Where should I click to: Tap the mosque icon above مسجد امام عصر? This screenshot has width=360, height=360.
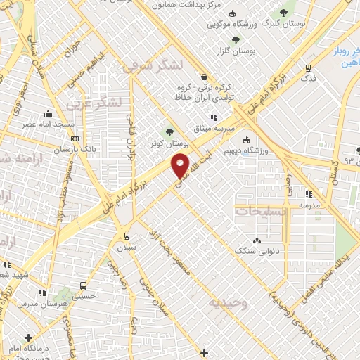[x=48, y=114]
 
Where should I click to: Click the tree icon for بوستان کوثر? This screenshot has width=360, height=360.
[x=169, y=131]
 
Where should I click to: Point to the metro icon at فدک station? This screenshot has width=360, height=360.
[x=308, y=67]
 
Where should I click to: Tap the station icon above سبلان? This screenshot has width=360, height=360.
[x=127, y=236]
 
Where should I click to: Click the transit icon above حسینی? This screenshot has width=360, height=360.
[x=84, y=286]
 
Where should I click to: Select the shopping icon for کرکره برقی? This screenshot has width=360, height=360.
[x=204, y=77]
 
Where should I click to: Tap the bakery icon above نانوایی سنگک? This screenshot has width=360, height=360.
[x=256, y=240]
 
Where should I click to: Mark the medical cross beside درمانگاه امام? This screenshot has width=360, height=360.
[x=28, y=337]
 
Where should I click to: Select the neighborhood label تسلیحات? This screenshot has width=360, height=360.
[x=260, y=211]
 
